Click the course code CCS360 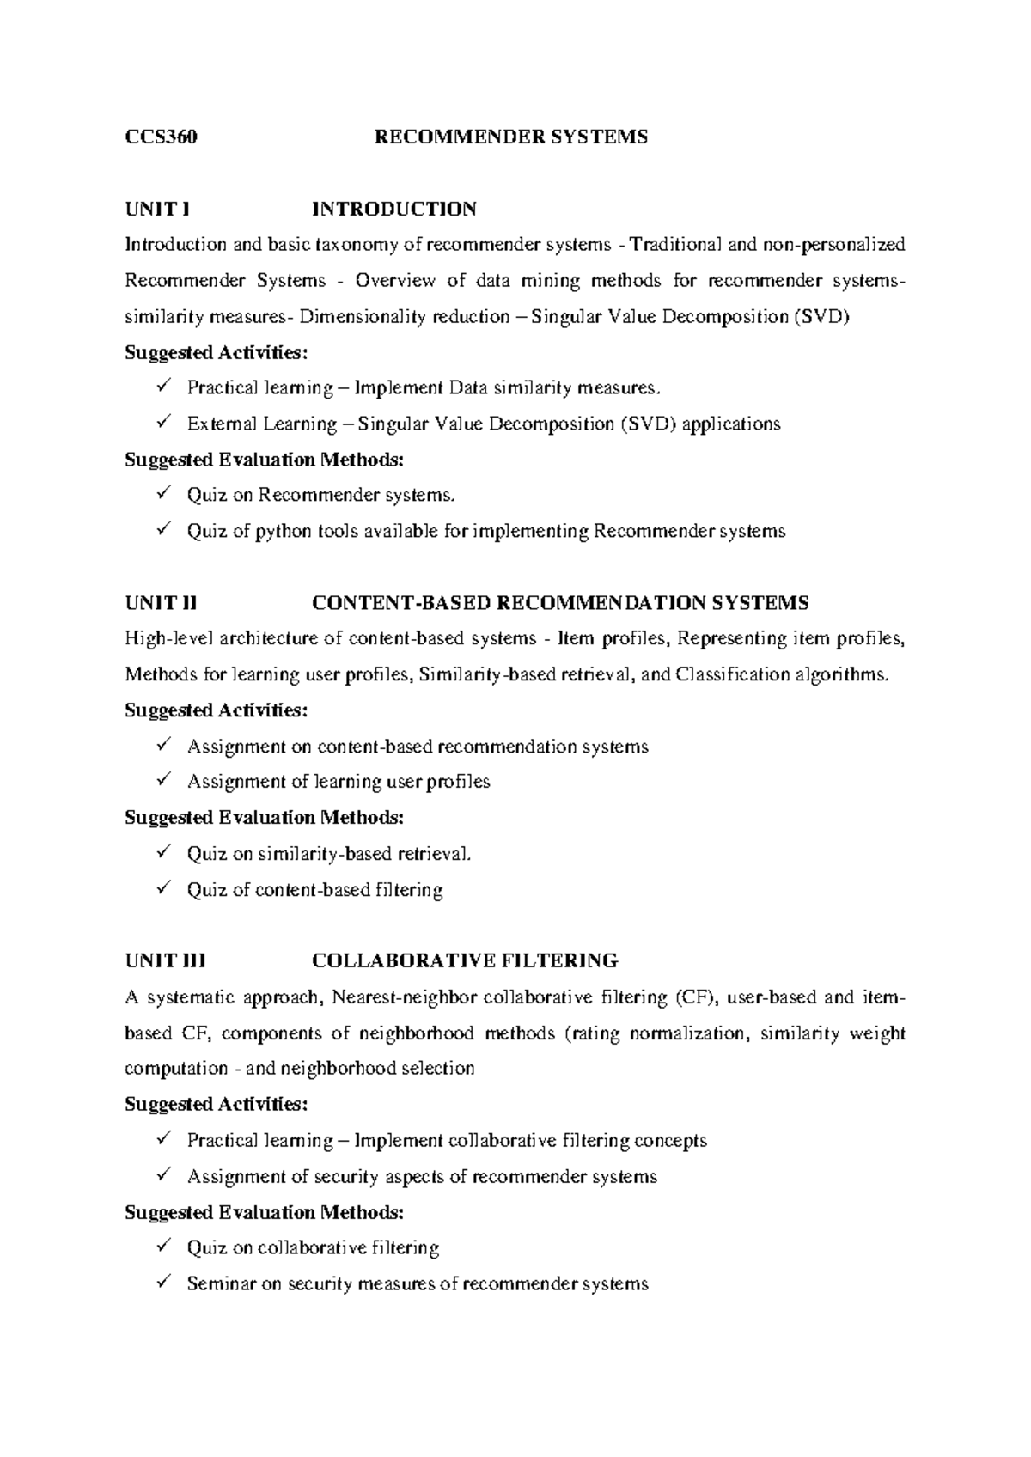(x=161, y=137)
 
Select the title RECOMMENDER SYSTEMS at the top (x=511, y=137)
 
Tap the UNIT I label (x=156, y=209)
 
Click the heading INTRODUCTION (x=393, y=209)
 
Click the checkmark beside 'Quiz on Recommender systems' (x=165, y=494)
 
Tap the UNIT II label (x=161, y=603)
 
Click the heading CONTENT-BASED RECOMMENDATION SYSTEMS (x=559, y=603)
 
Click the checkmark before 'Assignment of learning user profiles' (x=165, y=780)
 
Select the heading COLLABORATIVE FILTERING (x=464, y=960)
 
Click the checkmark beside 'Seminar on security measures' (x=165, y=1283)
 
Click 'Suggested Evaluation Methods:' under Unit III (x=263, y=1212)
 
